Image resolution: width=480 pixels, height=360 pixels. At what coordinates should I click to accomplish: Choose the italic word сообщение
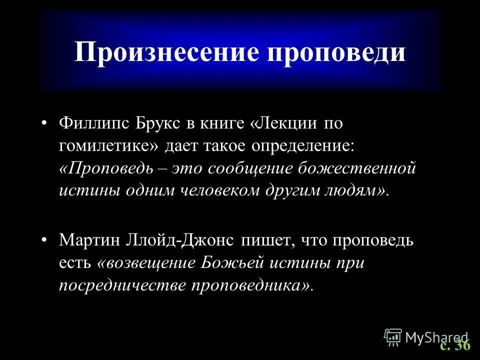pyautogui.click(x=251, y=168)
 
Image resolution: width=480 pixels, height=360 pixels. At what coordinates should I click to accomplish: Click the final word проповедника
pyautogui.click(x=254, y=285)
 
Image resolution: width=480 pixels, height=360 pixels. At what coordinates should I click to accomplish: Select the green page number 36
pyautogui.click(x=463, y=345)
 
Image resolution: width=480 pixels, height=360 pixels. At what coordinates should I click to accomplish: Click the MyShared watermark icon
pyautogui.click(x=393, y=337)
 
